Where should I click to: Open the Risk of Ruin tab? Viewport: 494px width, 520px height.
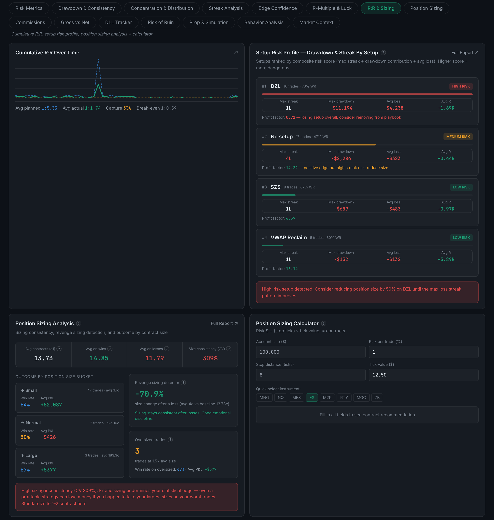pos(161,22)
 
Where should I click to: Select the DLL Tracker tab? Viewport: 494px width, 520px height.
pos(119,22)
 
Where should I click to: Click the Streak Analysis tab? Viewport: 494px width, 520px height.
pos(226,8)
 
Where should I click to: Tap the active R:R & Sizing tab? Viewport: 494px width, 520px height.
pos(381,8)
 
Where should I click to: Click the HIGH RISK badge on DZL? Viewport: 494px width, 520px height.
pos(461,86)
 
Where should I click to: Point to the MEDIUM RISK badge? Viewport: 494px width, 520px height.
pos(458,137)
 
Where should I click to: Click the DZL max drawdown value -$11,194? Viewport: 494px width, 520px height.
pos(341,108)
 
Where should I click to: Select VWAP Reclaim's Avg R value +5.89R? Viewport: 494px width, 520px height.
pos(446,259)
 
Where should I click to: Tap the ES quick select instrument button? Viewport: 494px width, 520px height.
pos(312,398)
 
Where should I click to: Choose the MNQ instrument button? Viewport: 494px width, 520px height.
pos(264,398)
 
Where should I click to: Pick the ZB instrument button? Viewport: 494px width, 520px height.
pos(377,398)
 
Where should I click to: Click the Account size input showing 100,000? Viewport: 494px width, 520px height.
pos(311,352)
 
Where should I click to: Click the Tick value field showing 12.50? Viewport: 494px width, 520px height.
pos(423,375)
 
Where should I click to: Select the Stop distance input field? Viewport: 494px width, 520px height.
pos(311,375)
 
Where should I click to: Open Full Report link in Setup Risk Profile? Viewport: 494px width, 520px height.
pos(465,53)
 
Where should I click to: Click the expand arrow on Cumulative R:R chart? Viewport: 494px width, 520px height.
pos(236,53)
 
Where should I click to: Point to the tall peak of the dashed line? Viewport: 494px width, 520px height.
pos(98,59)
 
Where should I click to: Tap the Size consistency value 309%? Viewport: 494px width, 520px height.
pos(210,358)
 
